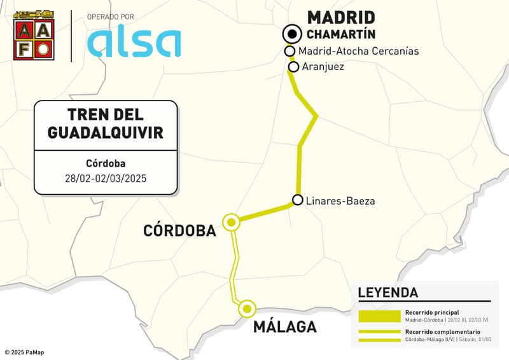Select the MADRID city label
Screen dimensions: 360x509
point(341,17)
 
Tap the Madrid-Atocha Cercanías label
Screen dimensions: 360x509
point(358,51)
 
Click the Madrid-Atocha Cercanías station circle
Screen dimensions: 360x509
point(289,51)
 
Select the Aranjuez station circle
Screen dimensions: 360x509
point(294,66)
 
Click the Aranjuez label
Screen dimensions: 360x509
point(323,66)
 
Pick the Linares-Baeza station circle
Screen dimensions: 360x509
point(297,200)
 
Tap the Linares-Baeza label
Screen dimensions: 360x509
point(340,201)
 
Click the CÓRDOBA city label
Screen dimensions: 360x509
point(180,230)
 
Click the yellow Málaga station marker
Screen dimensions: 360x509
point(247,308)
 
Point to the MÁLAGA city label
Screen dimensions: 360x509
point(284,327)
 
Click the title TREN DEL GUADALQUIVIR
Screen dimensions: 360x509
point(106,124)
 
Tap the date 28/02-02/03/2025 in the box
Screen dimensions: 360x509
point(106,176)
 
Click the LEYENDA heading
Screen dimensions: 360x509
point(388,293)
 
